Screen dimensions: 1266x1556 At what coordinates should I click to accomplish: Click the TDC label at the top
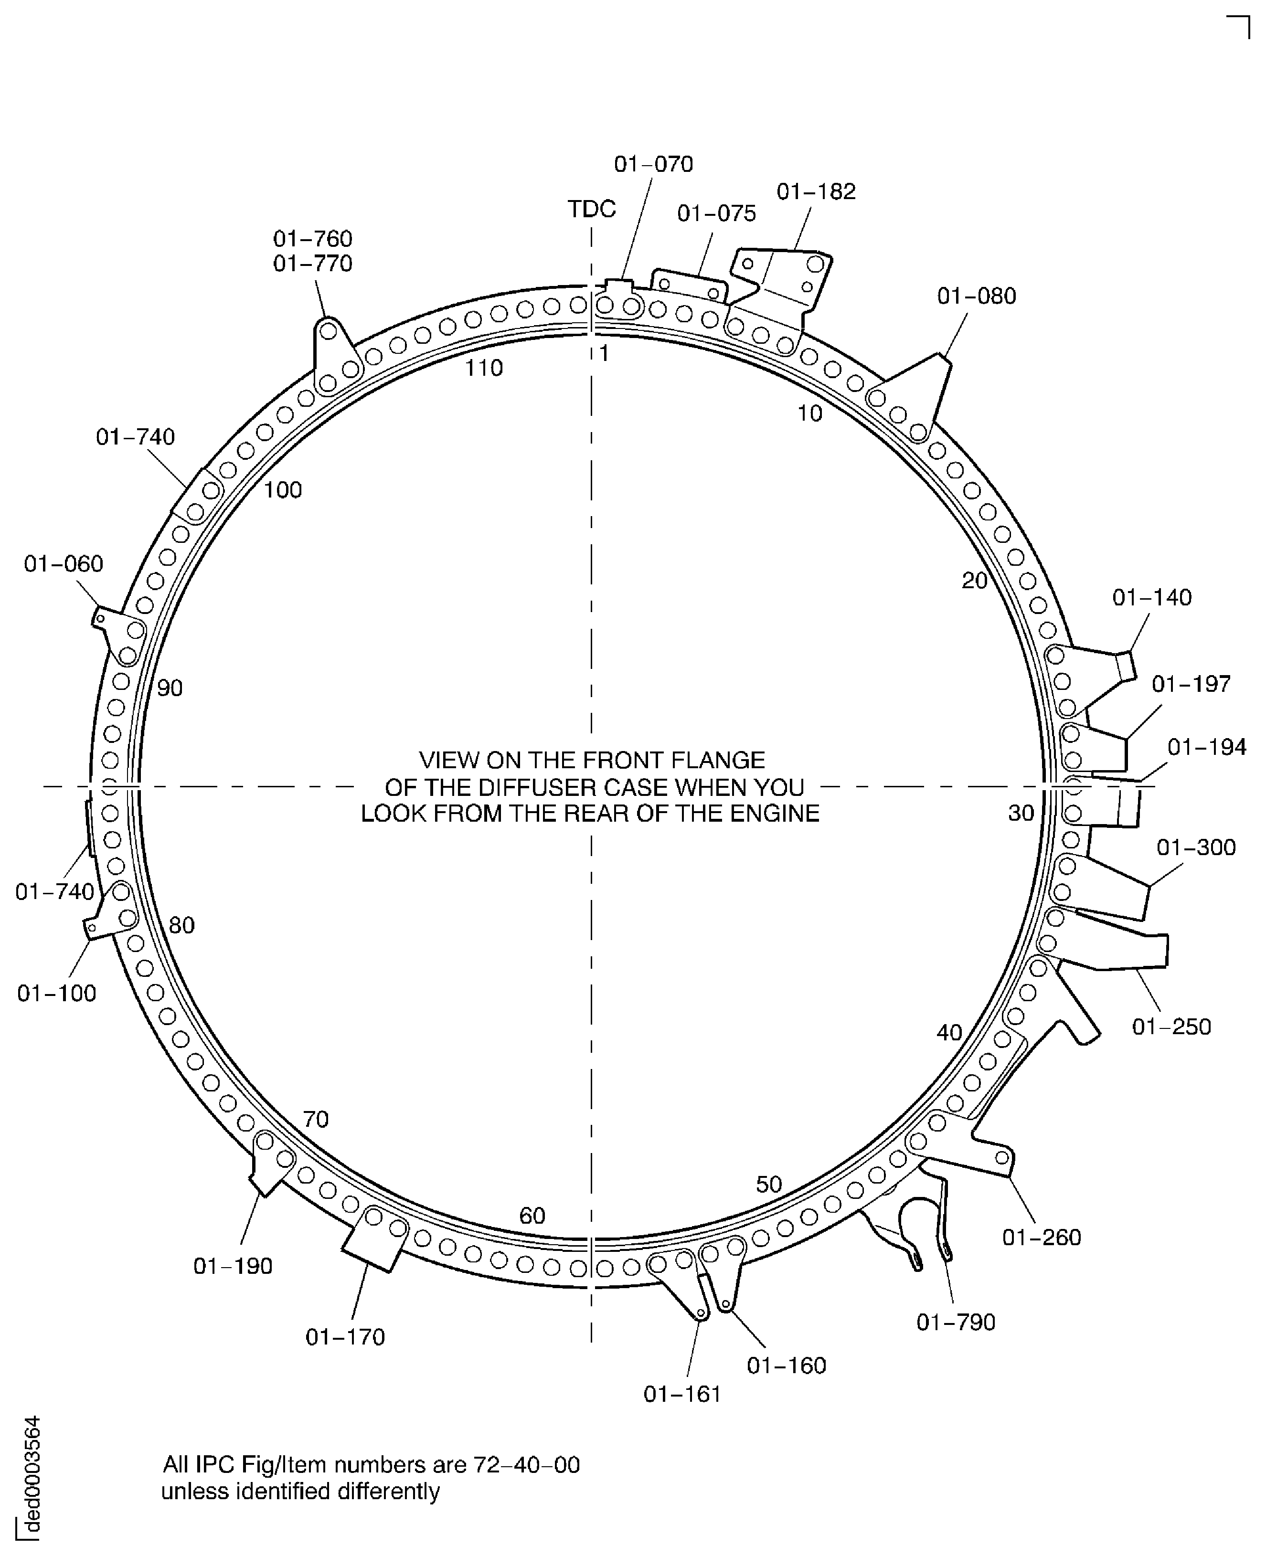click(x=591, y=209)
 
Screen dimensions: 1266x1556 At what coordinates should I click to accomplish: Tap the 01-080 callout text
click(x=977, y=296)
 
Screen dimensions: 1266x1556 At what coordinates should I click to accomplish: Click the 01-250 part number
click(x=1171, y=1027)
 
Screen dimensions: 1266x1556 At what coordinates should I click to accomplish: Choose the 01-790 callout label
click(x=955, y=1322)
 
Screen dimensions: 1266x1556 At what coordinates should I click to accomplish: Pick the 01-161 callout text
click(x=682, y=1394)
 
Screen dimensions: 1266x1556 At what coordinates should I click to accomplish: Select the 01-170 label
click(x=345, y=1336)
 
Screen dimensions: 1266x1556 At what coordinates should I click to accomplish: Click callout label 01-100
click(x=56, y=993)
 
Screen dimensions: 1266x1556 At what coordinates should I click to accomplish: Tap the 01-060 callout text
click(x=64, y=564)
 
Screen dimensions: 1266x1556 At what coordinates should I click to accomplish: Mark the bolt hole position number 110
click(x=484, y=368)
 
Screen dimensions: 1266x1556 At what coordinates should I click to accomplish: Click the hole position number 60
click(x=532, y=1216)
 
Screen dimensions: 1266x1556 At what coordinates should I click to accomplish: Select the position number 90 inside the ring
click(x=170, y=688)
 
